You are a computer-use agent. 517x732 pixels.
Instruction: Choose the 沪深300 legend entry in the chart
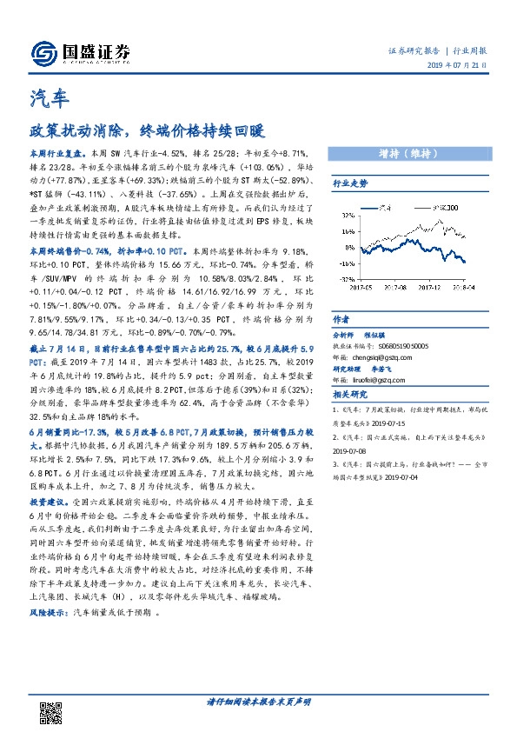[x=443, y=209]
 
